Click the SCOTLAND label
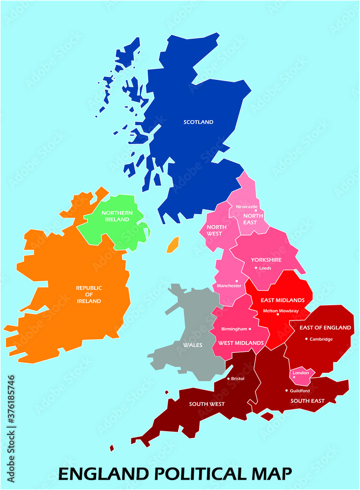198,122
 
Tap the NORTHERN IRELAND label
117,216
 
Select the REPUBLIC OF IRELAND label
89,294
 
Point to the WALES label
193,345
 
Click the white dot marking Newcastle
255,211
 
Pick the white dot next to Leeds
256,268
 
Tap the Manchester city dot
237,281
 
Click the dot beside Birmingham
250,329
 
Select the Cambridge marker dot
307,339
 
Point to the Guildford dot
286,391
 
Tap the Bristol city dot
228,378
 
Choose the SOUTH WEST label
207,404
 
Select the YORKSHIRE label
266,260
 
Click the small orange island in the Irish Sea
173,245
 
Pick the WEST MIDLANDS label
241,343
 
